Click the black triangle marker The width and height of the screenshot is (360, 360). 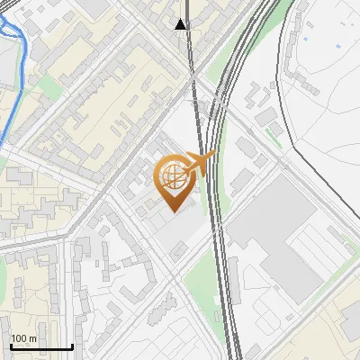pyautogui.click(x=182, y=24)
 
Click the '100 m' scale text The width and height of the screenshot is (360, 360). pyautogui.click(x=24, y=338)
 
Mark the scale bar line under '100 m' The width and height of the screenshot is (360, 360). pyautogui.click(x=40, y=346)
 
